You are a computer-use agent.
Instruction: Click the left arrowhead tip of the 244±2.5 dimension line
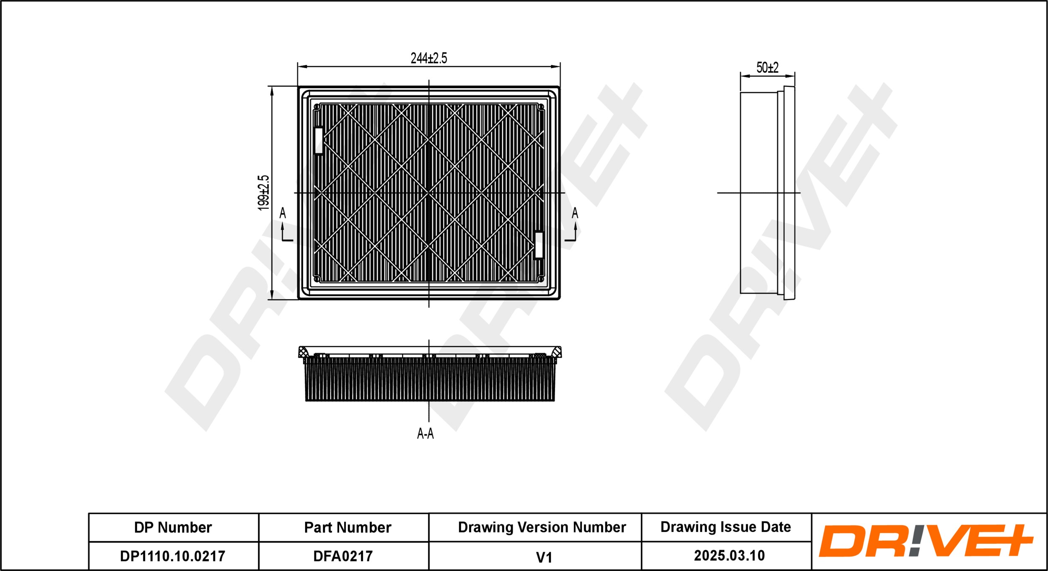point(298,67)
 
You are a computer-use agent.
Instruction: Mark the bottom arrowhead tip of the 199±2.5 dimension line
point(272,299)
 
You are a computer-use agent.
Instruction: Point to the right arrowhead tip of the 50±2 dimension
point(795,76)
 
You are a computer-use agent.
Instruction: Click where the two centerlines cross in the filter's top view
point(429,193)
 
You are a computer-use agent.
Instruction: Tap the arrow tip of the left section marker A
point(283,222)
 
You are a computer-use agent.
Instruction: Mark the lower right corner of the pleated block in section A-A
point(554,401)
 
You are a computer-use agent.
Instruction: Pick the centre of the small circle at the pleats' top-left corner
point(317,107)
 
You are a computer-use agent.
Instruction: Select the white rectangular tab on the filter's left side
point(319,140)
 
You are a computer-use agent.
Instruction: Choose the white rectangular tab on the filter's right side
point(539,245)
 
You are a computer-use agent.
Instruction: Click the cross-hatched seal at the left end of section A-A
point(303,352)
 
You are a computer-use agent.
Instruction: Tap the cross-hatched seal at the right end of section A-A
point(556,352)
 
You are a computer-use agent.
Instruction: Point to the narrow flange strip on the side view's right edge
point(789,193)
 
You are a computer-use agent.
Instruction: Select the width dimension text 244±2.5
point(429,58)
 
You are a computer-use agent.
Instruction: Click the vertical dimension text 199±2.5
point(263,192)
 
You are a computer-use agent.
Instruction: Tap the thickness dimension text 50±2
point(767,67)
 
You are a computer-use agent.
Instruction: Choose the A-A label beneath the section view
point(425,433)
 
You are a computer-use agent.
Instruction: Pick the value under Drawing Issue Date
point(729,555)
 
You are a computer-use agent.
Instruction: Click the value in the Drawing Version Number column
point(544,557)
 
